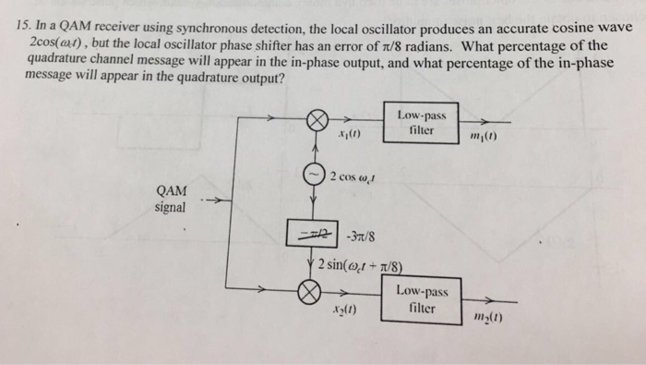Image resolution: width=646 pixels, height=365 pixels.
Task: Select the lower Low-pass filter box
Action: pos(422,298)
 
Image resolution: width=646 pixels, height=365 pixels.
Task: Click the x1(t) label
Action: pos(350,140)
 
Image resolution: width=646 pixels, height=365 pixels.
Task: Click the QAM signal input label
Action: pos(171,199)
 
